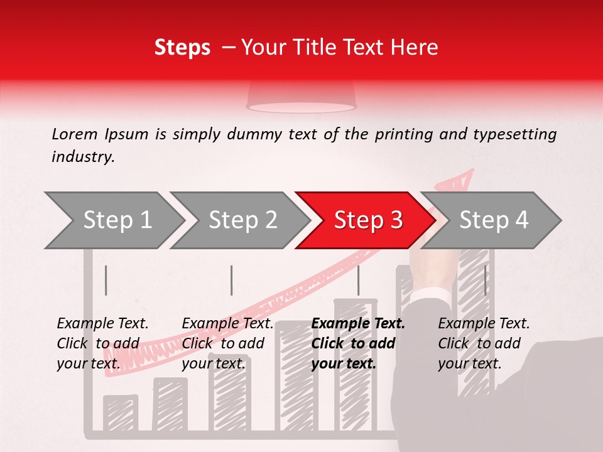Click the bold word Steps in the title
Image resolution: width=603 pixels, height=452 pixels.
point(182,48)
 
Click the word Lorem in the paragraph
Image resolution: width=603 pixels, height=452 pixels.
point(74,134)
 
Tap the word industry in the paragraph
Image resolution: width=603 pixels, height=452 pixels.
point(82,157)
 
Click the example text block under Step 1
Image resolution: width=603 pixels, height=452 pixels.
point(102,343)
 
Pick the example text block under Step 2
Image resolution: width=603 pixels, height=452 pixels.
point(227,343)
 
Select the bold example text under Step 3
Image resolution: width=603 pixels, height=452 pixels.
point(358,343)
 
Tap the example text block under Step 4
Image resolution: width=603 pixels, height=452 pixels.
point(484,343)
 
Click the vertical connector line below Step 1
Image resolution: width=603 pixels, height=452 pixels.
point(106,280)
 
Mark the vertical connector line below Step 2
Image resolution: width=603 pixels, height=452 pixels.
point(232,280)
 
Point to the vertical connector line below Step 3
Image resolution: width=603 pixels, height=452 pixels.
point(358,280)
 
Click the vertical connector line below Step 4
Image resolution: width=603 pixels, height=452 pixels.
point(485,280)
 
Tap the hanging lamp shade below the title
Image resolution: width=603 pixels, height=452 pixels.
point(301,97)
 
